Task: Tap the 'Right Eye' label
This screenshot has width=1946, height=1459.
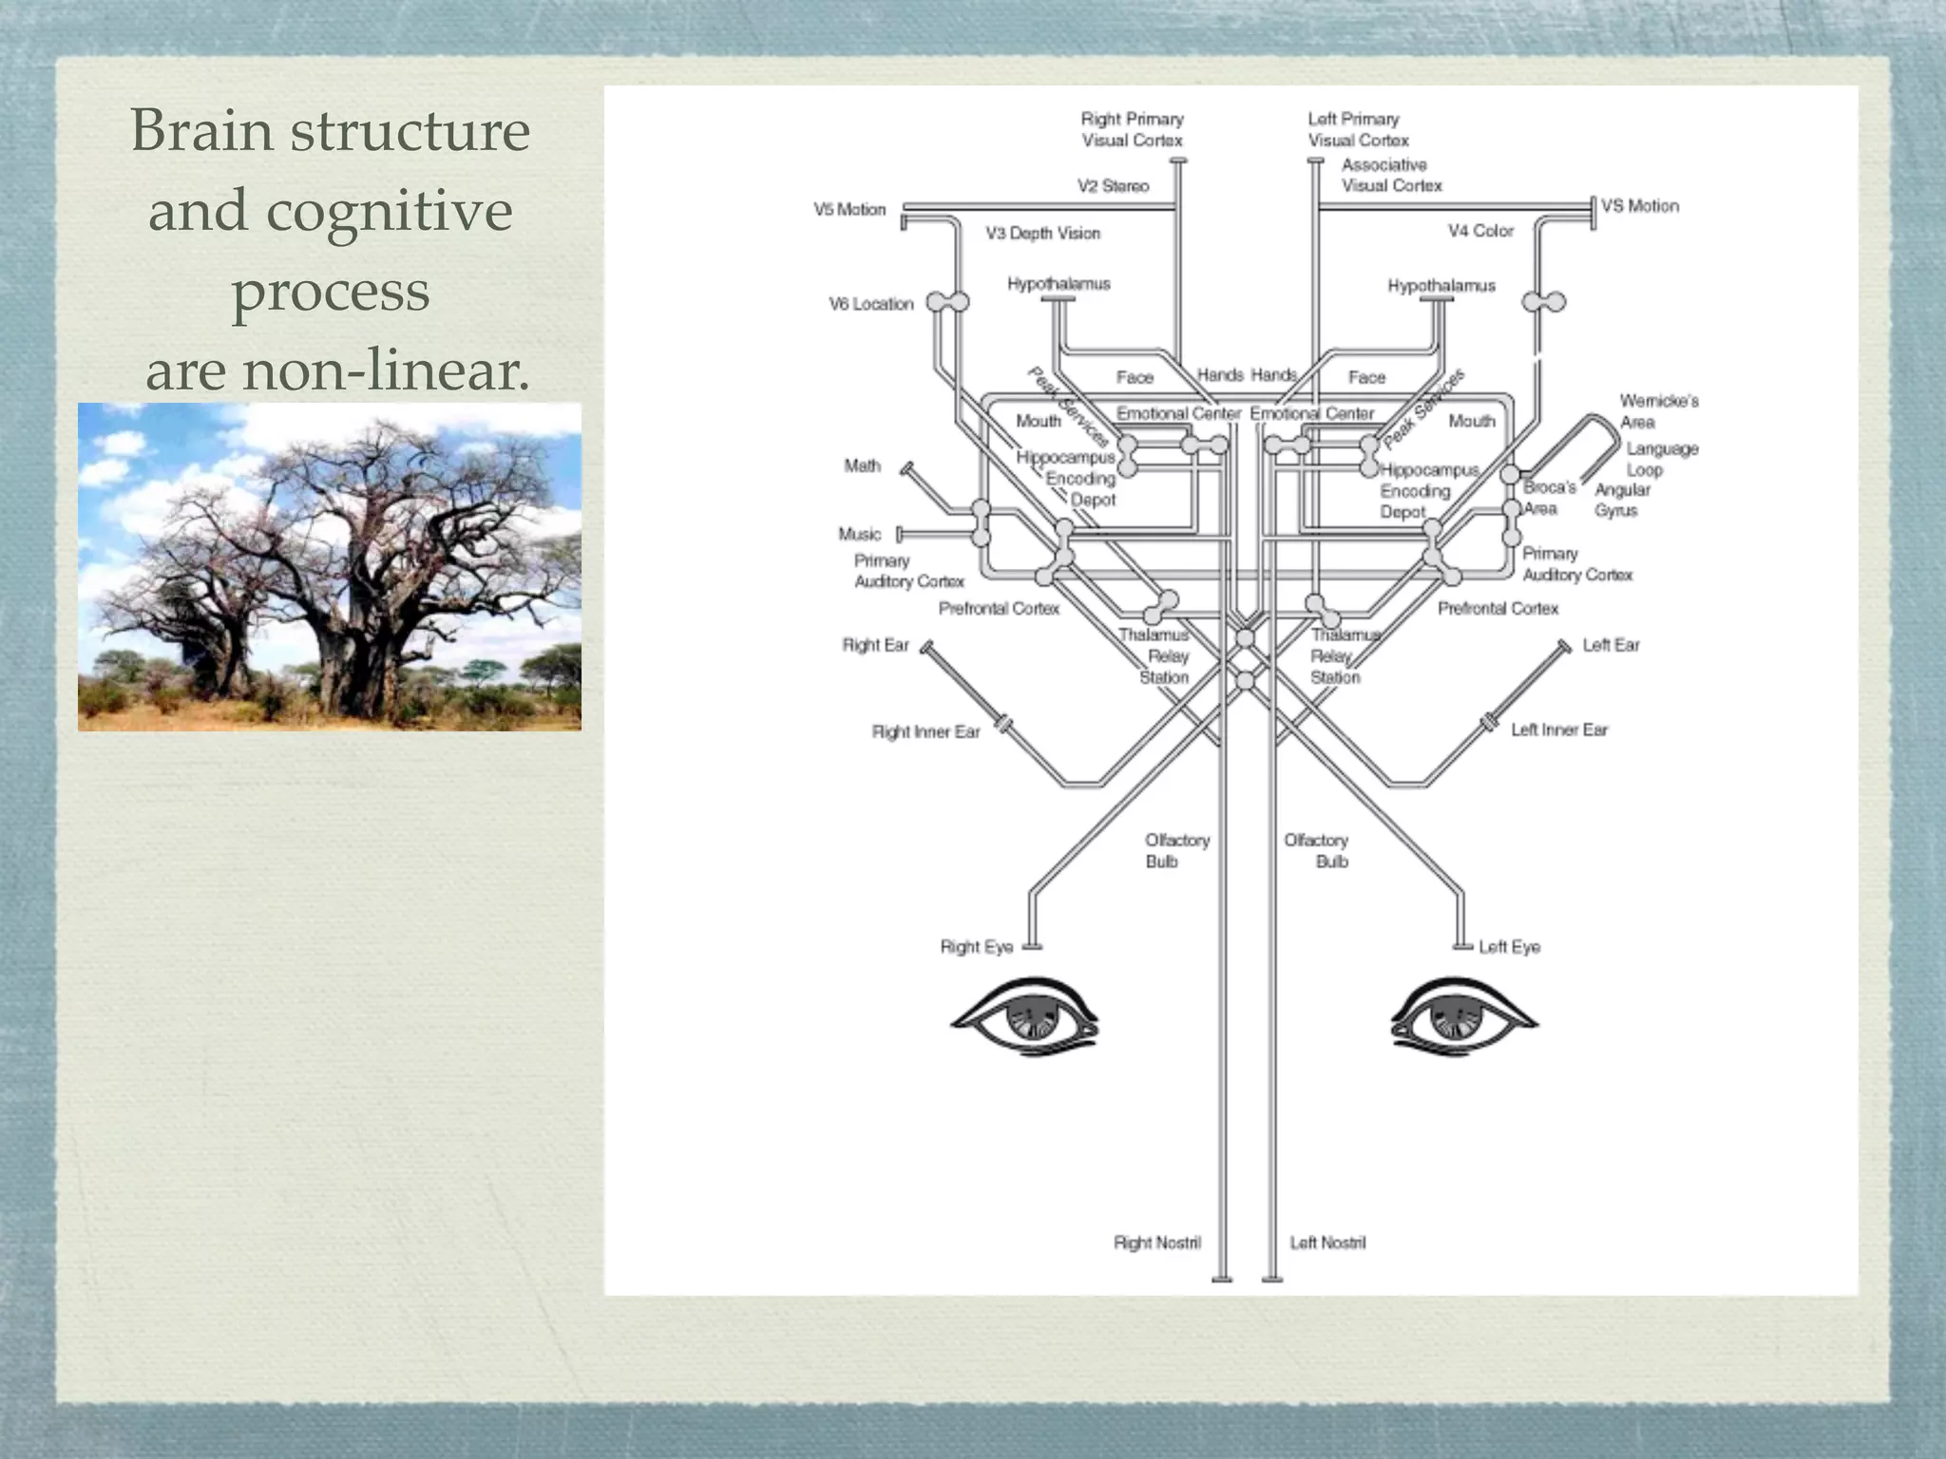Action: click(x=976, y=947)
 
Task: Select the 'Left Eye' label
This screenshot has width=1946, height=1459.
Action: click(x=1509, y=947)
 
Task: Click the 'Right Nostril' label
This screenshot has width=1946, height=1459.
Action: click(x=1156, y=1242)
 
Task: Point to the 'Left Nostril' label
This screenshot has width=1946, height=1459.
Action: click(x=1327, y=1242)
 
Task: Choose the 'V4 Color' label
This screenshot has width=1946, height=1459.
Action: click(x=1480, y=231)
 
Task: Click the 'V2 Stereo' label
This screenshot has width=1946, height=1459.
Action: click(x=1113, y=186)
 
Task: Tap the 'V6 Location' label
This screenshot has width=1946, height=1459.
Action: click(x=870, y=304)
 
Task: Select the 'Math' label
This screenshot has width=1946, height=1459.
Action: click(x=862, y=465)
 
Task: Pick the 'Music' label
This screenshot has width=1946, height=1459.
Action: click(x=859, y=534)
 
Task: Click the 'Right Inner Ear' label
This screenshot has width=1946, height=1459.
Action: click(x=925, y=731)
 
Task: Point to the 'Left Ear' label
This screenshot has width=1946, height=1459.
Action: click(x=1611, y=645)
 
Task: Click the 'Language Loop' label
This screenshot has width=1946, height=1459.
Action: click(x=1661, y=459)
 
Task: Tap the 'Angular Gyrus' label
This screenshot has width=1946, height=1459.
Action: click(x=1621, y=500)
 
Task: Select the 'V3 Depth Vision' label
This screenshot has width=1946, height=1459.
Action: click(x=1042, y=233)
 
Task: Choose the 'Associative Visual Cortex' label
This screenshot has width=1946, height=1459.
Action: click(x=1391, y=175)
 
